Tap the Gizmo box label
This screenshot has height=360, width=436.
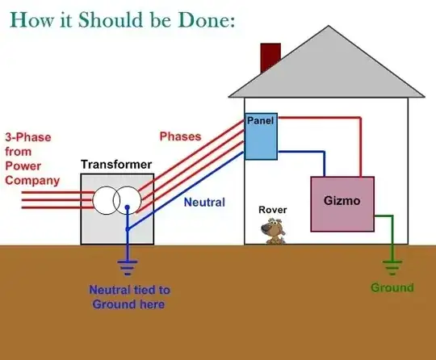tap(342, 199)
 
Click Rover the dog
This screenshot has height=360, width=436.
tap(274, 231)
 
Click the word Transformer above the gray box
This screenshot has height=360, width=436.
tap(116, 165)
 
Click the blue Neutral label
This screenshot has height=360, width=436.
tap(203, 202)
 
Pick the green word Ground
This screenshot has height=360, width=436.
tap(392, 287)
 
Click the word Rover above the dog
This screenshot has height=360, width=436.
tap(272, 210)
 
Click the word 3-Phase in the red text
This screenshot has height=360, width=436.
tap(27, 137)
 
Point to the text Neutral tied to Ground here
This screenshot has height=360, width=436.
tap(128, 297)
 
